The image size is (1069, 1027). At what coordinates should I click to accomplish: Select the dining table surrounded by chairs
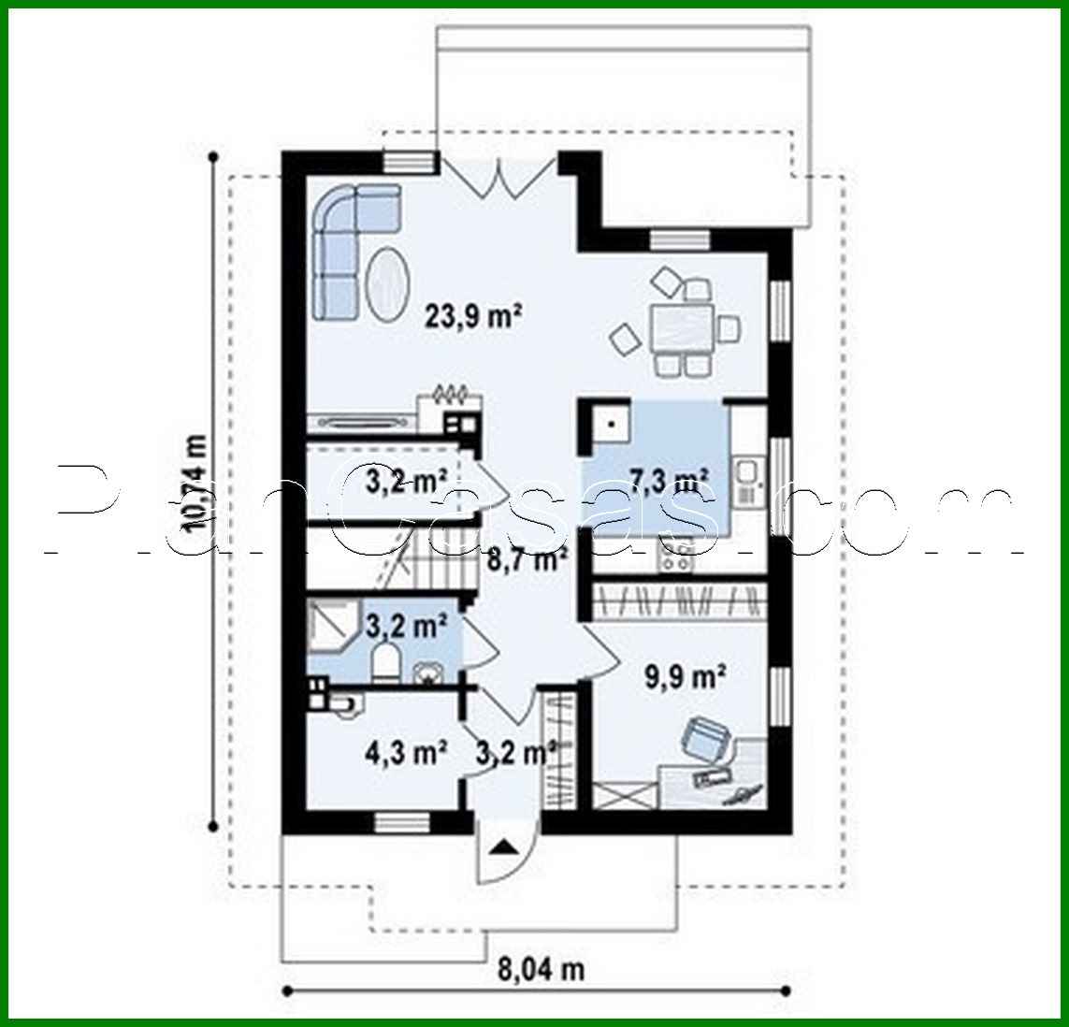pyautogui.click(x=681, y=328)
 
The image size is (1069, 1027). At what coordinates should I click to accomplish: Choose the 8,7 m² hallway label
pyautogui.click(x=527, y=560)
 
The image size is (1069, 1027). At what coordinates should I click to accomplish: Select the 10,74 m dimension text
pyautogui.click(x=199, y=485)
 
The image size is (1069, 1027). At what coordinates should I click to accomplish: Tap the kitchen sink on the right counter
pyautogui.click(x=747, y=478)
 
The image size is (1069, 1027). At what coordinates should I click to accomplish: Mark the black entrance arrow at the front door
pyautogui.click(x=503, y=847)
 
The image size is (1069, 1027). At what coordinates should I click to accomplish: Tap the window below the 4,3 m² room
pyautogui.click(x=402, y=822)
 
